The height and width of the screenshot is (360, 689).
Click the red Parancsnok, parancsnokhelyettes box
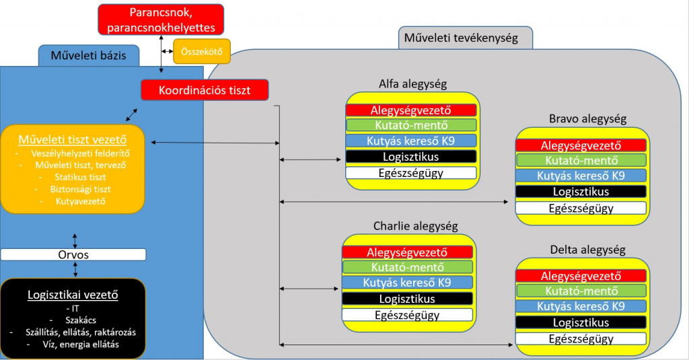pyautogui.click(x=160, y=20)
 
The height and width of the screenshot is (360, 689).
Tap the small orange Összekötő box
pyautogui.click(x=202, y=51)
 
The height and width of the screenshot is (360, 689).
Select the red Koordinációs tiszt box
pyautogui.click(x=205, y=89)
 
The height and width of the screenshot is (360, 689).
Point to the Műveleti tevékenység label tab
pyautogui.click(x=465, y=38)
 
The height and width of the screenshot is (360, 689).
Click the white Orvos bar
pyautogui.click(x=73, y=255)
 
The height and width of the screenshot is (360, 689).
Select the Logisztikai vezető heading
pyautogui.click(x=73, y=294)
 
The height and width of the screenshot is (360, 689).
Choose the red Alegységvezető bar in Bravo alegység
pyautogui.click(x=581, y=145)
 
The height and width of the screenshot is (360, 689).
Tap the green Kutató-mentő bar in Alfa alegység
pyautogui.click(x=411, y=125)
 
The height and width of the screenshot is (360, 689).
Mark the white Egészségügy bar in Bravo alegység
pyautogui.click(x=581, y=208)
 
